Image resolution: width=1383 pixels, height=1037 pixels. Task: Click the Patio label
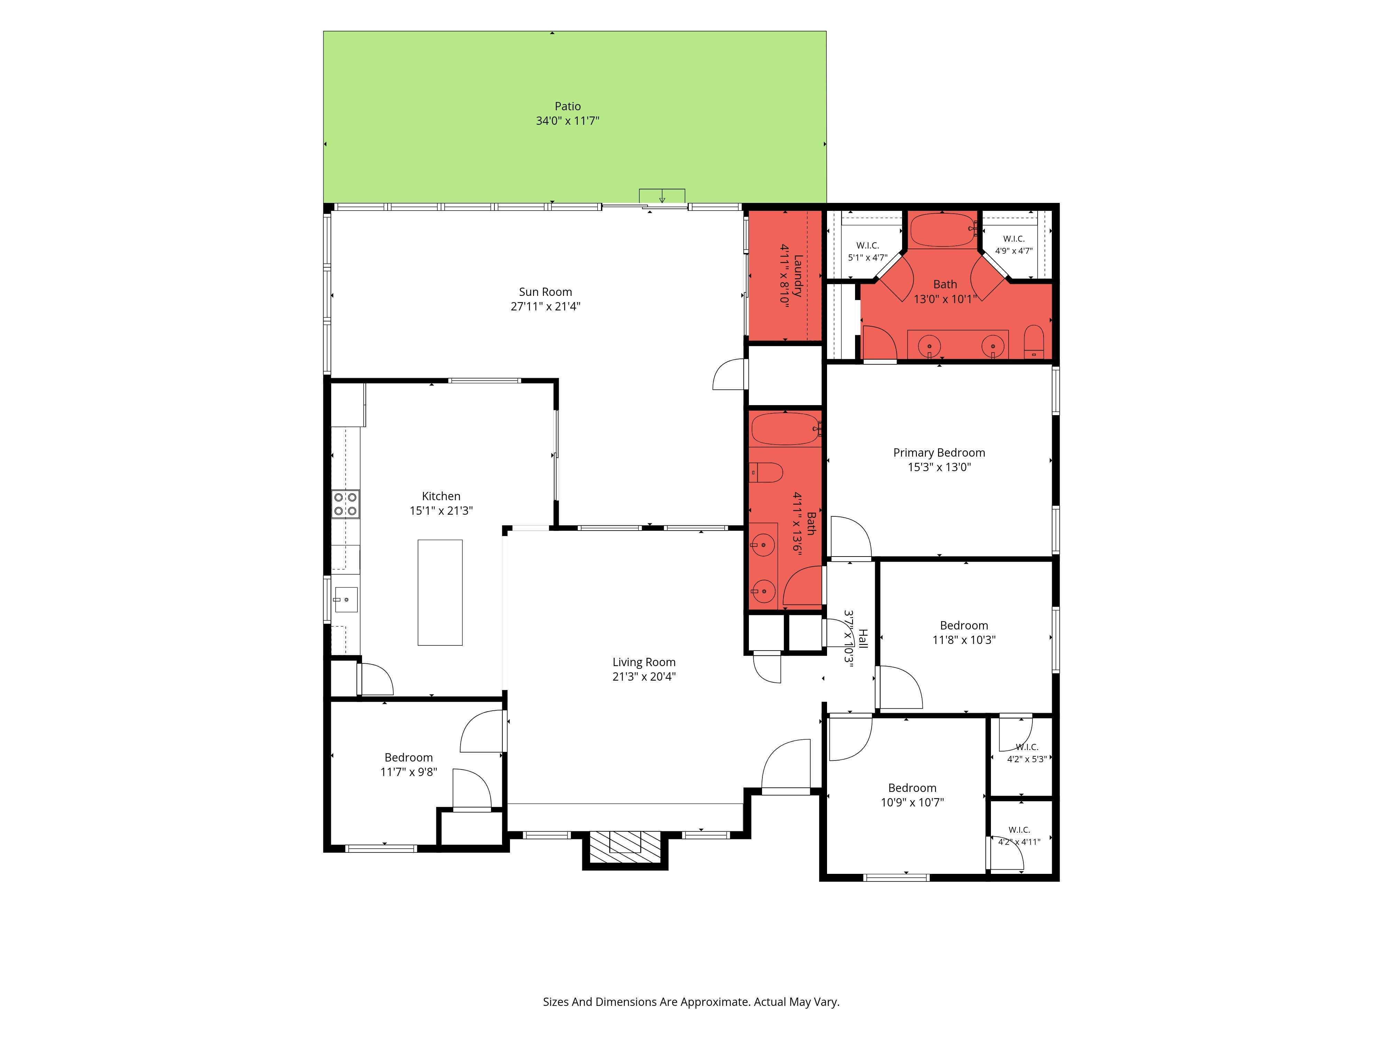568,106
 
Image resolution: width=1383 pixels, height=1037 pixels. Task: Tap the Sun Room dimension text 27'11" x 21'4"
545,306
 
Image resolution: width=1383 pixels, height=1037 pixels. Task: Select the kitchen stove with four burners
345,504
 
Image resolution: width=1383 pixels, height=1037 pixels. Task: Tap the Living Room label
644,662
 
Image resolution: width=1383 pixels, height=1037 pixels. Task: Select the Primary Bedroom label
939,452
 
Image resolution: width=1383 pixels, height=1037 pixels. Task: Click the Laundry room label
798,275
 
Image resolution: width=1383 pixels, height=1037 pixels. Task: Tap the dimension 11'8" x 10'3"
964,640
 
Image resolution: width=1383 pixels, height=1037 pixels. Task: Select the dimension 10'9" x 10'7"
912,803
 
